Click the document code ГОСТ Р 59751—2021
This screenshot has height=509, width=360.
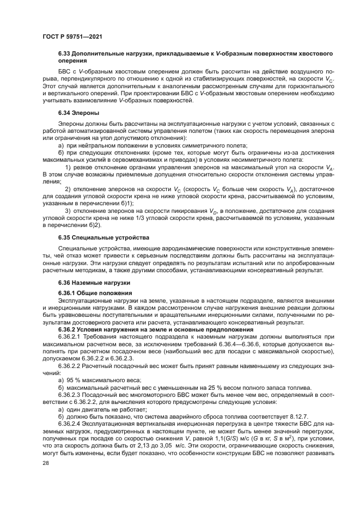click(x=72, y=36)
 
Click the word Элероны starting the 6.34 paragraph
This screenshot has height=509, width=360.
click(x=72, y=125)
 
